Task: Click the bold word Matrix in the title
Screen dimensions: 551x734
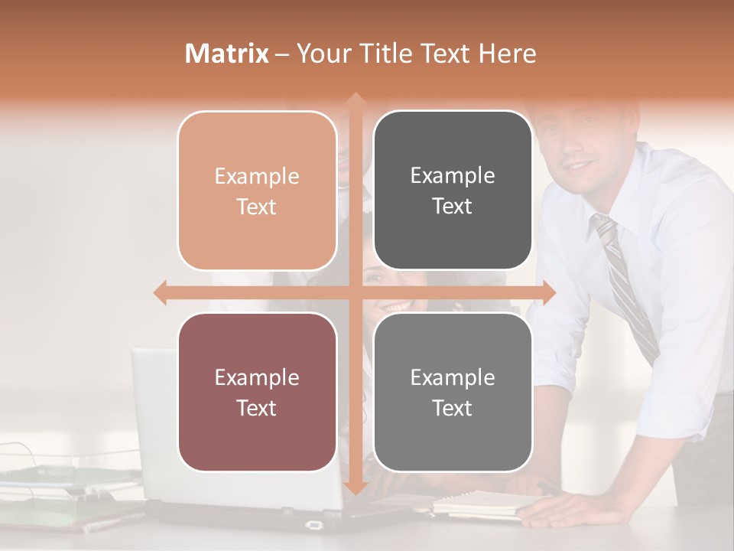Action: point(227,54)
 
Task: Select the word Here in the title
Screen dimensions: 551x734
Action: point(506,54)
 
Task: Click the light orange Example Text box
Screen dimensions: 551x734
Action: point(257,191)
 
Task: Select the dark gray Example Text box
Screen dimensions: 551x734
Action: point(453,191)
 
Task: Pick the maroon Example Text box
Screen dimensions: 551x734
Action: point(257,392)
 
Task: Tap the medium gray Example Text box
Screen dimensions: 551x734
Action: point(453,392)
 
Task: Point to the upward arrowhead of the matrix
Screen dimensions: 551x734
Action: point(355,100)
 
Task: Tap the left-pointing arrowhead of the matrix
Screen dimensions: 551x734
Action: point(160,293)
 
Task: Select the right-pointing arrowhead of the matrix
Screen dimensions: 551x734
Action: point(548,293)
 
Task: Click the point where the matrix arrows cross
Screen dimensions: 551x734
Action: point(355,293)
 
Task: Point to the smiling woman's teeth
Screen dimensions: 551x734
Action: point(395,306)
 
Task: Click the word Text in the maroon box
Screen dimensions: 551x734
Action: point(257,408)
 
